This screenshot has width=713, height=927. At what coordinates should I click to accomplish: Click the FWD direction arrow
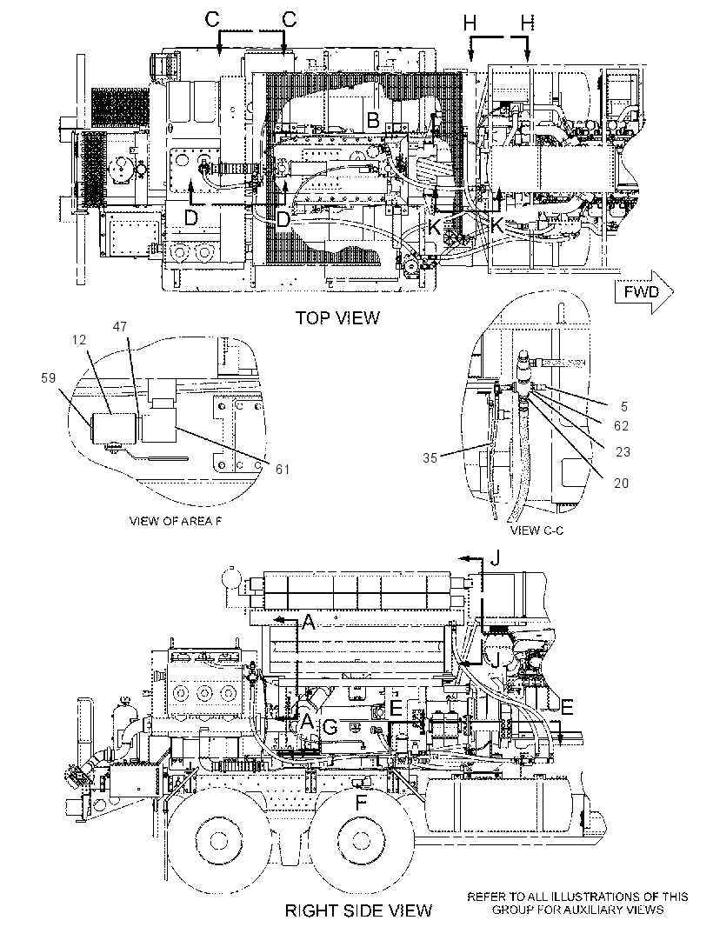click(x=643, y=292)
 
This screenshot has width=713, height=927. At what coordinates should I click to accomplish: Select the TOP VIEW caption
click(x=337, y=318)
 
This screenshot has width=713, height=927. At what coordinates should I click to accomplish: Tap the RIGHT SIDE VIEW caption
click(x=359, y=910)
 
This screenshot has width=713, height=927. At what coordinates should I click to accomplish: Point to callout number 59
click(x=49, y=377)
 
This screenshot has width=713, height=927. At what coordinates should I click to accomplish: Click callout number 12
click(x=79, y=340)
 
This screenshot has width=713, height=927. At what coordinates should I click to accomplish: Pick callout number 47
click(x=120, y=326)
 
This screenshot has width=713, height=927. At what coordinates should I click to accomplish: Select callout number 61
click(x=283, y=469)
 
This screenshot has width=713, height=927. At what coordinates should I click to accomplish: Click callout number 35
click(x=430, y=457)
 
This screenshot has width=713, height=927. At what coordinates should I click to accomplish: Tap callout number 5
click(x=624, y=407)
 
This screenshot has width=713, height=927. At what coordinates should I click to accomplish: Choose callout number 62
click(x=621, y=425)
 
